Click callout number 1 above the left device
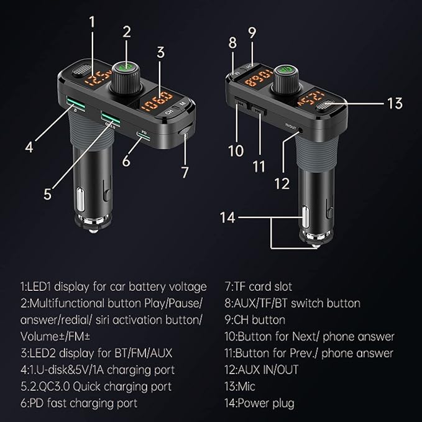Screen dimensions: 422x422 pos(92,22)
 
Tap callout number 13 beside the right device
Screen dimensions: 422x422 pos(395,103)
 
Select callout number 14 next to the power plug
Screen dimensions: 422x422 pos(227,218)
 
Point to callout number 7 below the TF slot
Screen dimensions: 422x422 pos(185,172)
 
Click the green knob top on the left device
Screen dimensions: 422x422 pos(126,67)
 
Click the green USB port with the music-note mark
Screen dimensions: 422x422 pos(76,104)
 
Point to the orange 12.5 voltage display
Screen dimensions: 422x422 pos(98,79)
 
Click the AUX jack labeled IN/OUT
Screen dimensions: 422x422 pos(300,131)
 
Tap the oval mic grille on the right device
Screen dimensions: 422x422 pos(326,105)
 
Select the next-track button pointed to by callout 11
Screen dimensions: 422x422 pos(259,111)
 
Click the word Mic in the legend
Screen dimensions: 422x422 pos(247,387)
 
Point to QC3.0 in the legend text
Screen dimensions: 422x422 pos(55,387)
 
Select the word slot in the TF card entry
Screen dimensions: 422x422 pos(283,287)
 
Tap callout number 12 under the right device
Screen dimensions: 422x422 pos(282,184)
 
